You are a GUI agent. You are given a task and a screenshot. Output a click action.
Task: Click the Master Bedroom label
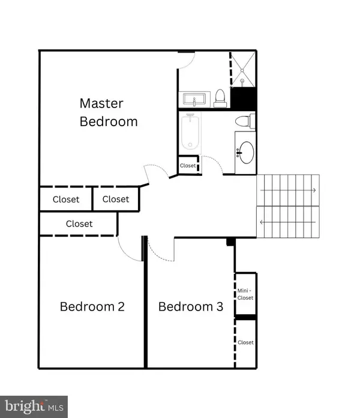(109, 112)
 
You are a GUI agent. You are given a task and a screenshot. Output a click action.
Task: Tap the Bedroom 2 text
(92, 307)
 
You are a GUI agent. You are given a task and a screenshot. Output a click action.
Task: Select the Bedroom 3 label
(191, 307)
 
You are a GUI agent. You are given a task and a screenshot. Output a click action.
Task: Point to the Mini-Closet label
(245, 294)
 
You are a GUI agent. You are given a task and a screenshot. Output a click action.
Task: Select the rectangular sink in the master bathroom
(194, 99)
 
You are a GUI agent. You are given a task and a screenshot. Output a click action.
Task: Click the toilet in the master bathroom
(220, 98)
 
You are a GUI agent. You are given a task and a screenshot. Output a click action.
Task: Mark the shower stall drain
(242, 79)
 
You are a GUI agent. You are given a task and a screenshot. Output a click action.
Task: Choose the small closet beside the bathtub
(188, 166)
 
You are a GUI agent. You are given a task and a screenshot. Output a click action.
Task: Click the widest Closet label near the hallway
(79, 224)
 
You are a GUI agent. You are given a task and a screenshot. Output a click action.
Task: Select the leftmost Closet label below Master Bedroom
(66, 199)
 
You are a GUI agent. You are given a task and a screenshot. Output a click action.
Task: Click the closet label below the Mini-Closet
(245, 342)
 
